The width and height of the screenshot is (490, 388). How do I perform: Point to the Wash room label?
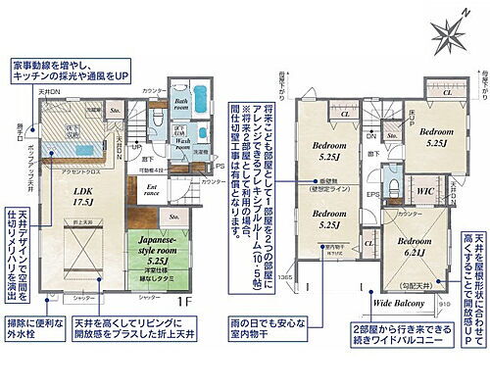(184, 147)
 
